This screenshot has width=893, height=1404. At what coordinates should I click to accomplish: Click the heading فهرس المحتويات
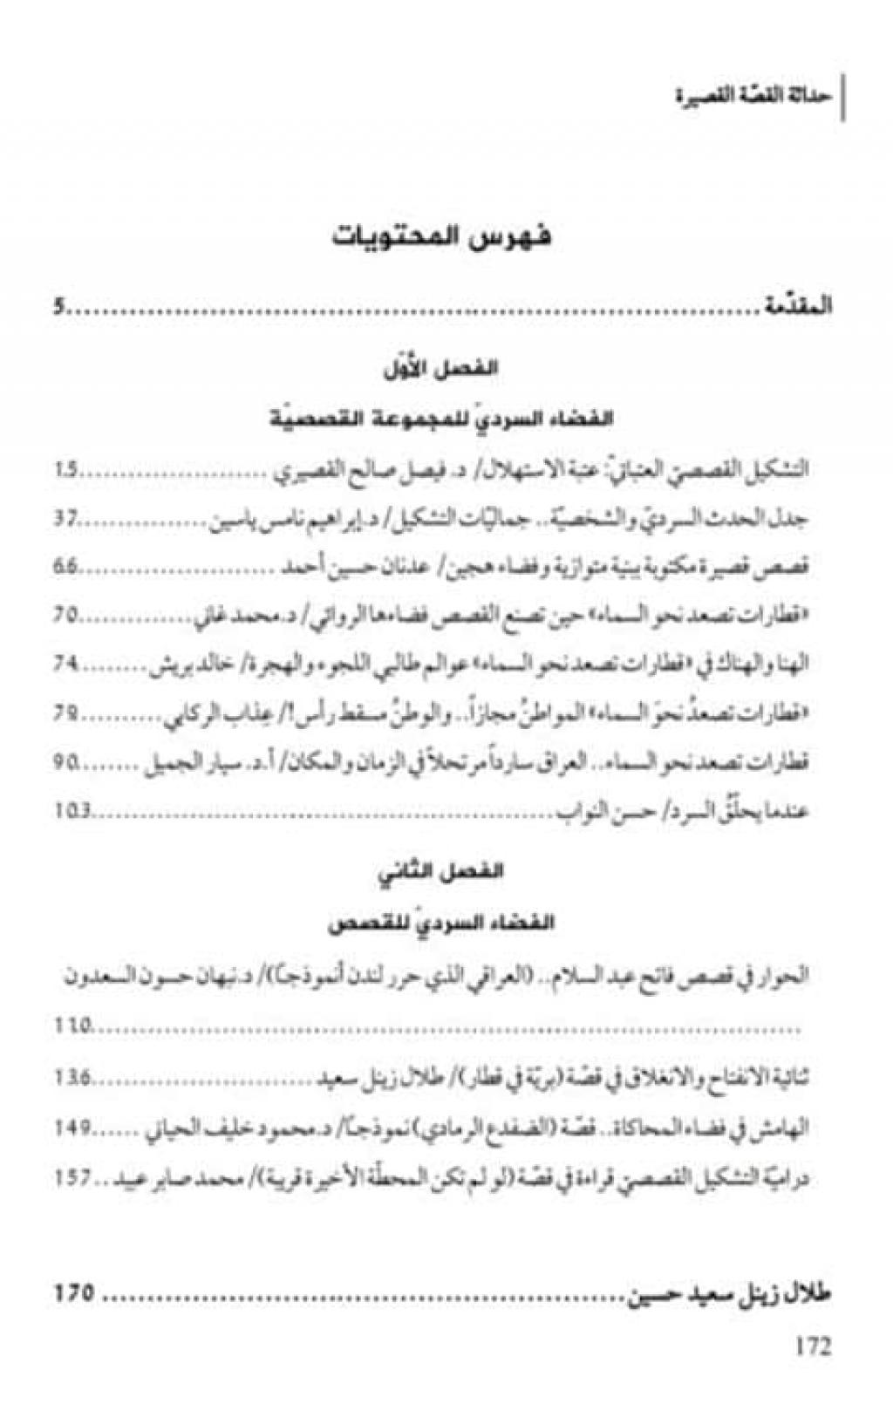click(443, 236)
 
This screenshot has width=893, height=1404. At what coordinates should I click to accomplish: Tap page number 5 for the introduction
click(58, 307)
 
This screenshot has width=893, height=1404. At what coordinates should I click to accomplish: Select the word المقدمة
click(797, 307)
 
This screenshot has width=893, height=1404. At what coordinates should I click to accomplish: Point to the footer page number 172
click(813, 1345)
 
